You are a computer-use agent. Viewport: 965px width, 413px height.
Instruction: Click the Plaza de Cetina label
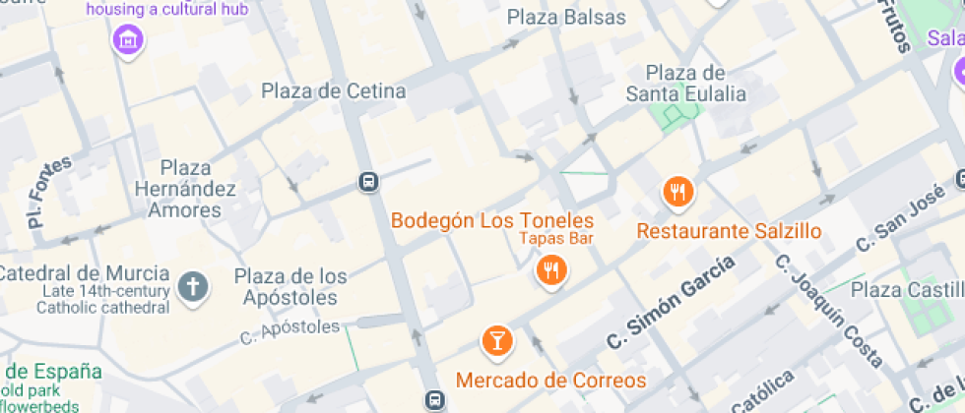[x=333, y=91]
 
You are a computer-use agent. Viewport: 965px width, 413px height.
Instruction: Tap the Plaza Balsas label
[x=566, y=18]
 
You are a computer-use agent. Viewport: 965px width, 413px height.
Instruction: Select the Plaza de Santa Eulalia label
[x=686, y=84]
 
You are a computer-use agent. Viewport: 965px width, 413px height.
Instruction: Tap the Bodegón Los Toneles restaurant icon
[x=550, y=268]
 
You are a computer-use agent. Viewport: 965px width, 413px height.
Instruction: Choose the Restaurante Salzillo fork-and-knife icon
[x=677, y=191]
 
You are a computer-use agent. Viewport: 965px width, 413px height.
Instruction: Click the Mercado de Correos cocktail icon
[x=497, y=341]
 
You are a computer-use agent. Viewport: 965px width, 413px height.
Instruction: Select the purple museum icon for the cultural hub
[x=128, y=40]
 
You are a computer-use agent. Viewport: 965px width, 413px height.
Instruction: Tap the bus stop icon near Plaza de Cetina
[x=368, y=182]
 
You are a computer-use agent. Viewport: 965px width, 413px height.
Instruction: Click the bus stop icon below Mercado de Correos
[x=435, y=399]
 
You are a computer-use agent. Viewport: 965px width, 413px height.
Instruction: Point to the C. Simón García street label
[x=672, y=302]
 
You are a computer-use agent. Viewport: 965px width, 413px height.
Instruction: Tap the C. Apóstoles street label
[x=289, y=332]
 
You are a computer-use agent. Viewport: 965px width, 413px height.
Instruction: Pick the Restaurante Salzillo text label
[x=729, y=232]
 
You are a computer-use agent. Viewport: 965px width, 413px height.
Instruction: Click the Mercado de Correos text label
[x=550, y=381]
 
